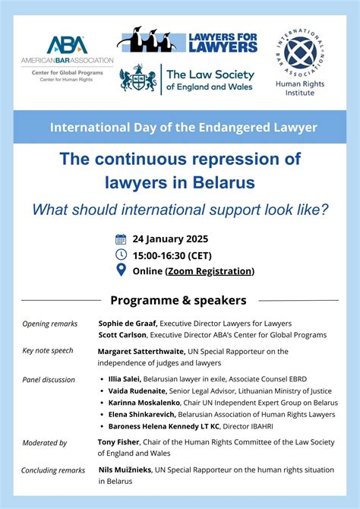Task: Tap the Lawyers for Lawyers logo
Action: pyautogui.click(x=187, y=41)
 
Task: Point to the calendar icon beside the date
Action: pyautogui.click(x=121, y=239)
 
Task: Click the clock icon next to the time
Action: pyautogui.click(x=121, y=254)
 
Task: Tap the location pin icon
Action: pyautogui.click(x=121, y=270)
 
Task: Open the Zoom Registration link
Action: pyautogui.click(x=210, y=271)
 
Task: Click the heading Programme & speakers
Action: pyautogui.click(x=178, y=300)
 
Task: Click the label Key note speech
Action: pyautogui.click(x=48, y=352)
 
